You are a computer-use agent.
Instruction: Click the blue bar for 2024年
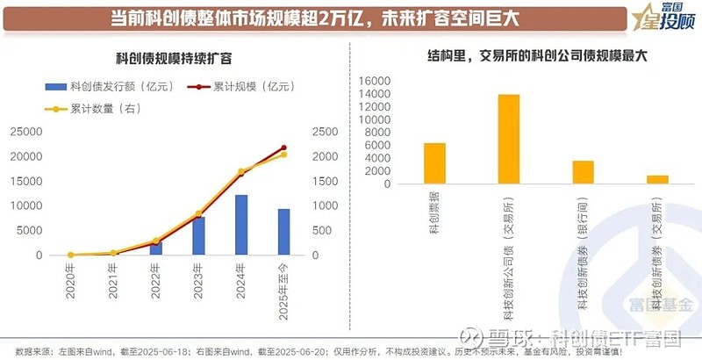240,225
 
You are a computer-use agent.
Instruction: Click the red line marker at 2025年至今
283,148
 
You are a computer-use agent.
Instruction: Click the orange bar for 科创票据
434,163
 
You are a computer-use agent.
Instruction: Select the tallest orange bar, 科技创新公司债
509,139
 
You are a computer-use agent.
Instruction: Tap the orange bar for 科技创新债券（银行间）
584,172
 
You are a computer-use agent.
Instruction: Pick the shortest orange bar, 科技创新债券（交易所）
657,180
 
